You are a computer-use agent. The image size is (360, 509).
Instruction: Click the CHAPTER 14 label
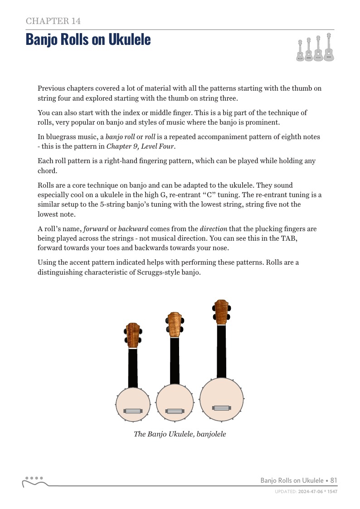pos(54,21)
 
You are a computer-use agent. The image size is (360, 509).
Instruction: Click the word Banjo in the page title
pos(43,39)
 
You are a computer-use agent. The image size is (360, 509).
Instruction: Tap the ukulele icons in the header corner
pos(316,48)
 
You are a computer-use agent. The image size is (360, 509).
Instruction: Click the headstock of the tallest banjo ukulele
pos(221,312)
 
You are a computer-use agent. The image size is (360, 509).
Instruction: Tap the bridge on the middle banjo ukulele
pos(175,411)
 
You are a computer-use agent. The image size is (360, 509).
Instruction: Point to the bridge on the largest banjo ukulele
pos(221,407)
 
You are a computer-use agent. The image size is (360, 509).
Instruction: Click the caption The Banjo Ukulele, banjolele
pos(180,434)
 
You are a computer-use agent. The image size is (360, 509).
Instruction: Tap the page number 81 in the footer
pos(333,480)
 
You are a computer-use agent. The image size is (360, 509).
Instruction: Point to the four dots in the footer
pos(34,478)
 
